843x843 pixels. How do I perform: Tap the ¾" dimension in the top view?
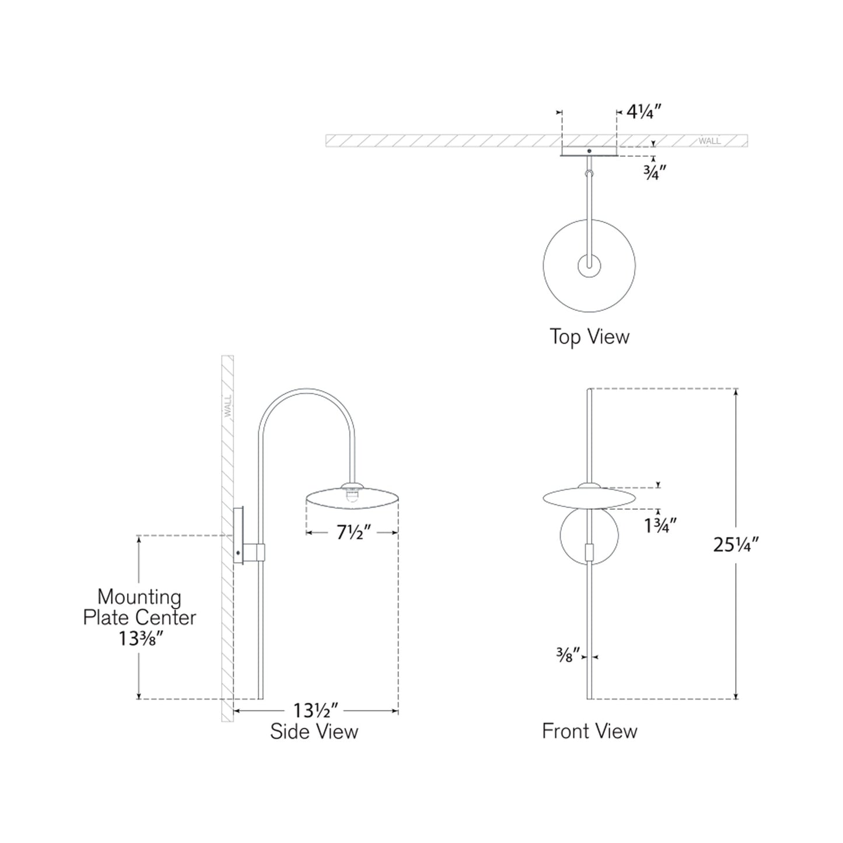655,173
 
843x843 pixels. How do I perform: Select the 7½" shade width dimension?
354,533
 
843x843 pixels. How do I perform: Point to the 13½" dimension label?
316,711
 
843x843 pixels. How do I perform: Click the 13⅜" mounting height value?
140,639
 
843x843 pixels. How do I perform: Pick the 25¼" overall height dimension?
736,544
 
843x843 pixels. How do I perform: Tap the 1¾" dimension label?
660,526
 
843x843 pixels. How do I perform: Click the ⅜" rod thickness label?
568,656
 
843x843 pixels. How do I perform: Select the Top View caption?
589,337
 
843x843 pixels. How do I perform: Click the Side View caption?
314,732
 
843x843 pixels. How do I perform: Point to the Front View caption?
589,731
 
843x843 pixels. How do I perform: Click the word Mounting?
139,597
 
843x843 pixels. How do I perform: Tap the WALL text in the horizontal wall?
709,141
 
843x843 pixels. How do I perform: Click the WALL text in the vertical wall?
228,405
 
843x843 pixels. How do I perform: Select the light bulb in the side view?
352,496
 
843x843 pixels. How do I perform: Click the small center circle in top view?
589,267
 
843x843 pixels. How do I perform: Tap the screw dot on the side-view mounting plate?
238,552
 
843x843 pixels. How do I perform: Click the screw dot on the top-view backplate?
589,151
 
